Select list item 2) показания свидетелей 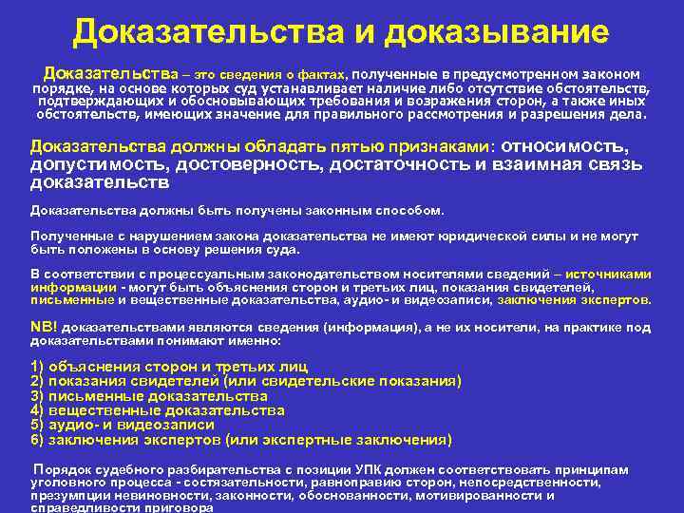click(246, 381)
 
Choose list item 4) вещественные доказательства click(158, 410)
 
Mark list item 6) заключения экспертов click(241, 440)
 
